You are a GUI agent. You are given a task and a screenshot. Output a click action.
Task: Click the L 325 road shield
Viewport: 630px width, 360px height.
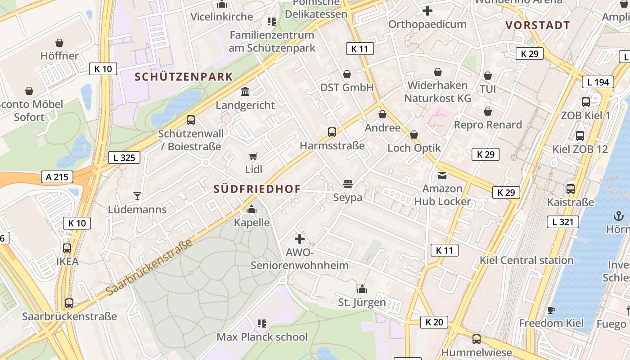click(124, 157)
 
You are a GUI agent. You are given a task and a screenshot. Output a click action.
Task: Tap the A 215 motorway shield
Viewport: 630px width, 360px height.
click(57, 177)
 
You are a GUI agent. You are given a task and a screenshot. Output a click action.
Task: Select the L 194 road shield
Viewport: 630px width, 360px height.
click(598, 82)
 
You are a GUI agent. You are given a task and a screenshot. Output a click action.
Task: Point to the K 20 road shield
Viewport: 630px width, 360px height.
click(434, 322)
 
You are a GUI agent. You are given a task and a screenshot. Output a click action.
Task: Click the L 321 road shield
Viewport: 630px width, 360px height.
click(562, 221)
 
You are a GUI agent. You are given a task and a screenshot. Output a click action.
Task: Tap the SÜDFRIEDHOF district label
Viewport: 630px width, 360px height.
click(257, 189)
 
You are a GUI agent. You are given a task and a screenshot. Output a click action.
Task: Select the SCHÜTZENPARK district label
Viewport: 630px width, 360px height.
click(184, 77)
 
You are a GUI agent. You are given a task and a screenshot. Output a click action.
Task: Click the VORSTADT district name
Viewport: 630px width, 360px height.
click(538, 25)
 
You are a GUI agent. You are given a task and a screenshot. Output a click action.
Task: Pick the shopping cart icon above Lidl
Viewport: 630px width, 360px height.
click(253, 157)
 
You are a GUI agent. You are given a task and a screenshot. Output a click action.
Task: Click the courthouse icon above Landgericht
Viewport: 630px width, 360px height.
click(245, 92)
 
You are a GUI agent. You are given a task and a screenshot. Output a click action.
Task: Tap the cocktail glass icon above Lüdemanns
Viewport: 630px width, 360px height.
click(137, 196)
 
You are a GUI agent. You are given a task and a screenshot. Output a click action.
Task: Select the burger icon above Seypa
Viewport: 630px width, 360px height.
click(347, 184)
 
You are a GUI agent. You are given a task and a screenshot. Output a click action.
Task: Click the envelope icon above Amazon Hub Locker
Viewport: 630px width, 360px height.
click(442, 175)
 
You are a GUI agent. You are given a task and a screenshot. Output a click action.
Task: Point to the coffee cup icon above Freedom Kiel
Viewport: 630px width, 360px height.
click(551, 310)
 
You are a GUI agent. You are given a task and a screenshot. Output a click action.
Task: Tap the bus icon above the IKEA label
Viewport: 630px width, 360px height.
click(67, 248)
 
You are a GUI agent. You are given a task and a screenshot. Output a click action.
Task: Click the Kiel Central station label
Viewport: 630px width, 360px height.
click(526, 260)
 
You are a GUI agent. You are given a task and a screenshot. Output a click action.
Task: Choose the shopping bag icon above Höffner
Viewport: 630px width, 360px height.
click(59, 43)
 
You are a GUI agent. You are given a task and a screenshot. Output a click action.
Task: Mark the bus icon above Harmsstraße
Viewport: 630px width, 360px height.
click(332, 132)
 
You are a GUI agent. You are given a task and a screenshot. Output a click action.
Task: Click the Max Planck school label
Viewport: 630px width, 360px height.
click(262, 337)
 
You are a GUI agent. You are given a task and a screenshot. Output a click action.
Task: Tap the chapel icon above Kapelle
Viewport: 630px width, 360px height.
click(252, 209)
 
